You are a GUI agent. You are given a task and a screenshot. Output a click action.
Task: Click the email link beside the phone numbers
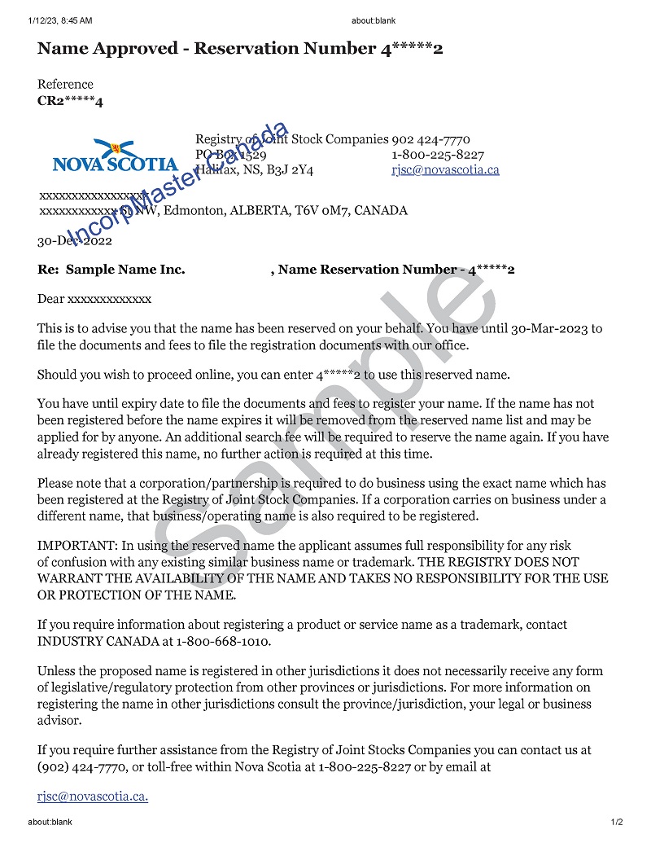445,169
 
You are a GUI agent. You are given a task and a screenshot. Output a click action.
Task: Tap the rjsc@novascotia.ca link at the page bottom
93,796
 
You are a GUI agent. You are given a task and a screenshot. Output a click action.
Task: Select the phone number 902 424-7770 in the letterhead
430,139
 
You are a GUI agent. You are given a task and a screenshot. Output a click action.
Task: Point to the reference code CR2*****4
70,102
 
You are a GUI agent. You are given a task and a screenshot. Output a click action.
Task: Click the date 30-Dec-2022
75,240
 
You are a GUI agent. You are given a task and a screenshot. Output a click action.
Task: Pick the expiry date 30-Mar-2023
550,329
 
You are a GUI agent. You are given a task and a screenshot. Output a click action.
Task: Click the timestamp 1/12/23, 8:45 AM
59,20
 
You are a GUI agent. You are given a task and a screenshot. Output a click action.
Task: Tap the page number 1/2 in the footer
617,823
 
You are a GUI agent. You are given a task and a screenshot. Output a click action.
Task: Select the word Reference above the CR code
65,84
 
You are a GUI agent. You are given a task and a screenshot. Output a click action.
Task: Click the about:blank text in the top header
373,20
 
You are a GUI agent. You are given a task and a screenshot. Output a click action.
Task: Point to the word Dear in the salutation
50,299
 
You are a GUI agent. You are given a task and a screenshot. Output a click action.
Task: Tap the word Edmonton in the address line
194,210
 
